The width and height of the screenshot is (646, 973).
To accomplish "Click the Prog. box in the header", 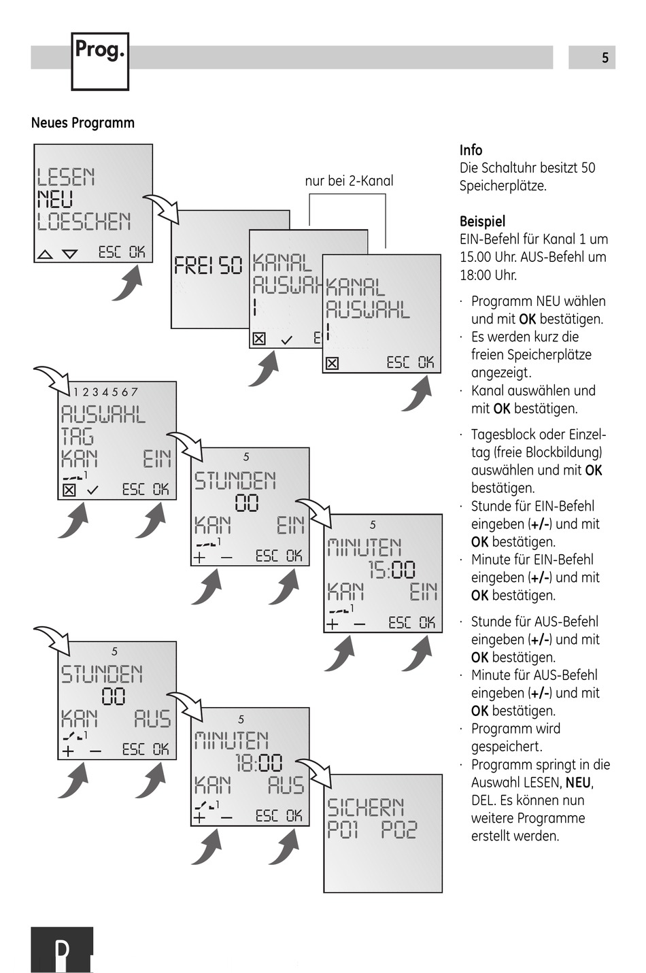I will coord(100,61).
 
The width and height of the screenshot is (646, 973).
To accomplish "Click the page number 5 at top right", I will coord(605,58).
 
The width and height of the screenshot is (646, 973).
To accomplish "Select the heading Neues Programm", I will coord(83,123).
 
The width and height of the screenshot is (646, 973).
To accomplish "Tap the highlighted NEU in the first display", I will coord(55,200).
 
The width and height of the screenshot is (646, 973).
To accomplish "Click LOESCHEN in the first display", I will coord(84,222).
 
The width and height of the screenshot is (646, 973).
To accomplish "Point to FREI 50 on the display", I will coord(208,265).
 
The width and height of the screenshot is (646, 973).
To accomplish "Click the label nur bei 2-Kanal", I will coord(349,181).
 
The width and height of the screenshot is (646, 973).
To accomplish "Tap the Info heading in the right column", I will coord(471,150).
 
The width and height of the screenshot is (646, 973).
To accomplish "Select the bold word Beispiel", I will coord(482,221).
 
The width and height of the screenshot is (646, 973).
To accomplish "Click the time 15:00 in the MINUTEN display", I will coord(392,570).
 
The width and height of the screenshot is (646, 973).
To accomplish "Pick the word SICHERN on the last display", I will coord(366,807).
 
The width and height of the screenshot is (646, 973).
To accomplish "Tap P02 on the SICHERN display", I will coord(398,830).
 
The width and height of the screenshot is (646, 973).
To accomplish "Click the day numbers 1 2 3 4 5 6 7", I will coord(105,392).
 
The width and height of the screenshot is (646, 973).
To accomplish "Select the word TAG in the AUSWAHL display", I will coord(78,437).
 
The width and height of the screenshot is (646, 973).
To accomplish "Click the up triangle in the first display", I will coord(45,254).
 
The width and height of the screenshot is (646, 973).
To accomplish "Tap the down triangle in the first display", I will coord(69,254).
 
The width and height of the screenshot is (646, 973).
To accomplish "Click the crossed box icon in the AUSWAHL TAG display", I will coord(69,490).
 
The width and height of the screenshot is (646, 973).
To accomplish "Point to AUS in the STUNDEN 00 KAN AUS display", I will coord(152,719).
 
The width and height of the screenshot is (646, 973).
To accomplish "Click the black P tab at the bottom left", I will coord(62,950).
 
